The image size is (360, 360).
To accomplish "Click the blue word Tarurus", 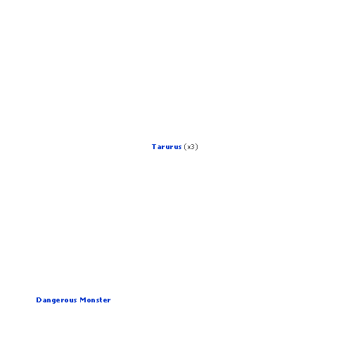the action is (x=167, y=147).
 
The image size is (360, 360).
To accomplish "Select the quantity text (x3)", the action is (x=191, y=147).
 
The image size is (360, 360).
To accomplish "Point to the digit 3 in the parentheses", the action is (x=193, y=147).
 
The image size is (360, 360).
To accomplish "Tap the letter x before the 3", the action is (x=189, y=148).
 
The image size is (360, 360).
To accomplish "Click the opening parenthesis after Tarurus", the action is (x=185, y=147).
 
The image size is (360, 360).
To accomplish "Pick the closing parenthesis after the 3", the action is (x=197, y=147).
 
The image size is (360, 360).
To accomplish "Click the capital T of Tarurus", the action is (x=154, y=147).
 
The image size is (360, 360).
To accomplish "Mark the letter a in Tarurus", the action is (x=159, y=148).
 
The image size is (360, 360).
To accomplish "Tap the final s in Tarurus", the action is (x=179, y=148).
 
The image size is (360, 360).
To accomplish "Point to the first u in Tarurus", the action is (x=168, y=148).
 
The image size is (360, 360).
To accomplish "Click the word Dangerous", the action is (x=56, y=300).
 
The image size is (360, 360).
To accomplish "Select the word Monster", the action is (x=95, y=300).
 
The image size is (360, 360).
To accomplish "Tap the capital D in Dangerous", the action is (x=39, y=300).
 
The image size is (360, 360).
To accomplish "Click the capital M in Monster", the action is (x=82, y=300).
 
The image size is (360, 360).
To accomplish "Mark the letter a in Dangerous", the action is (x=44, y=301).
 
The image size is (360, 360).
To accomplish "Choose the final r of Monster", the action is (x=109, y=301).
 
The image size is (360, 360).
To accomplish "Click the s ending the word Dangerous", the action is (x=75, y=301).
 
